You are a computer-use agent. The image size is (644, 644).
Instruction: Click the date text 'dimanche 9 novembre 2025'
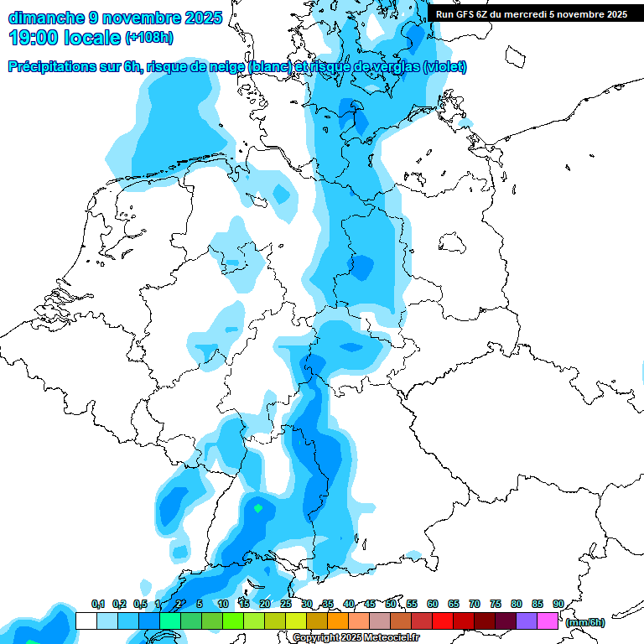[115, 17]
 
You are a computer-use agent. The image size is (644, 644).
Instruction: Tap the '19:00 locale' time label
[65, 38]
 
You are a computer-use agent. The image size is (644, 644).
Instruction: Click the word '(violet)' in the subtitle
[445, 67]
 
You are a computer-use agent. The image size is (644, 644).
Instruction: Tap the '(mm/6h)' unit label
[585, 622]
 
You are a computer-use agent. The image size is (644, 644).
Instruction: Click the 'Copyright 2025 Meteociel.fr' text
[356, 638]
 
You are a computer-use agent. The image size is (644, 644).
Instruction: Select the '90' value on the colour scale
[558, 604]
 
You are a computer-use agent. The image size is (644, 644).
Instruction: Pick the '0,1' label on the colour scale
[97, 604]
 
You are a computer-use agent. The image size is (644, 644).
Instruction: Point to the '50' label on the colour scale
[391, 604]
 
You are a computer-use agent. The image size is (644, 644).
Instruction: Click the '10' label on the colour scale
[223, 604]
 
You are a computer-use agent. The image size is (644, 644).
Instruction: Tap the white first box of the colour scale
[86, 621]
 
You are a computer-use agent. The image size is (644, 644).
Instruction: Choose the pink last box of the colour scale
[548, 621]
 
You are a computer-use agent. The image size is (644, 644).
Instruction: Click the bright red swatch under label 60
[443, 621]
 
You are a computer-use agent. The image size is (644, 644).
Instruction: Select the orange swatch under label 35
[338, 621]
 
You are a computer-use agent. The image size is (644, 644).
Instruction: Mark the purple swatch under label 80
[527, 621]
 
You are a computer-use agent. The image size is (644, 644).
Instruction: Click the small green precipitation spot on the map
[258, 507]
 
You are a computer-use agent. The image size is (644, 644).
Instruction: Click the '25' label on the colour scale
[286, 604]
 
